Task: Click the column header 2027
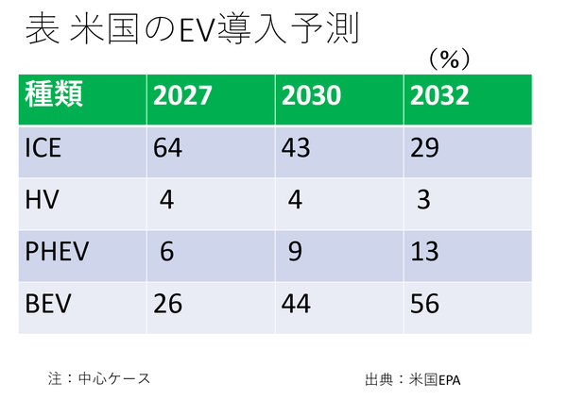pyautogui.click(x=183, y=95)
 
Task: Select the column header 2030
pyautogui.click(x=312, y=95)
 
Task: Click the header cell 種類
pyautogui.click(x=55, y=94)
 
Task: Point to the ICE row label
pyautogui.click(x=44, y=149)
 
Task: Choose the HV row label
pyautogui.click(x=41, y=202)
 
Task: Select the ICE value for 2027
pyautogui.click(x=168, y=149)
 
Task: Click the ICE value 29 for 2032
pyautogui.click(x=424, y=149)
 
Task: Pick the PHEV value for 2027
pyautogui.click(x=168, y=254)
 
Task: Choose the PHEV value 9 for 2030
pyautogui.click(x=297, y=254)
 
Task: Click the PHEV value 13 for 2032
pyautogui.click(x=424, y=254)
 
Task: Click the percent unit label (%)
pyautogui.click(x=449, y=58)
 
